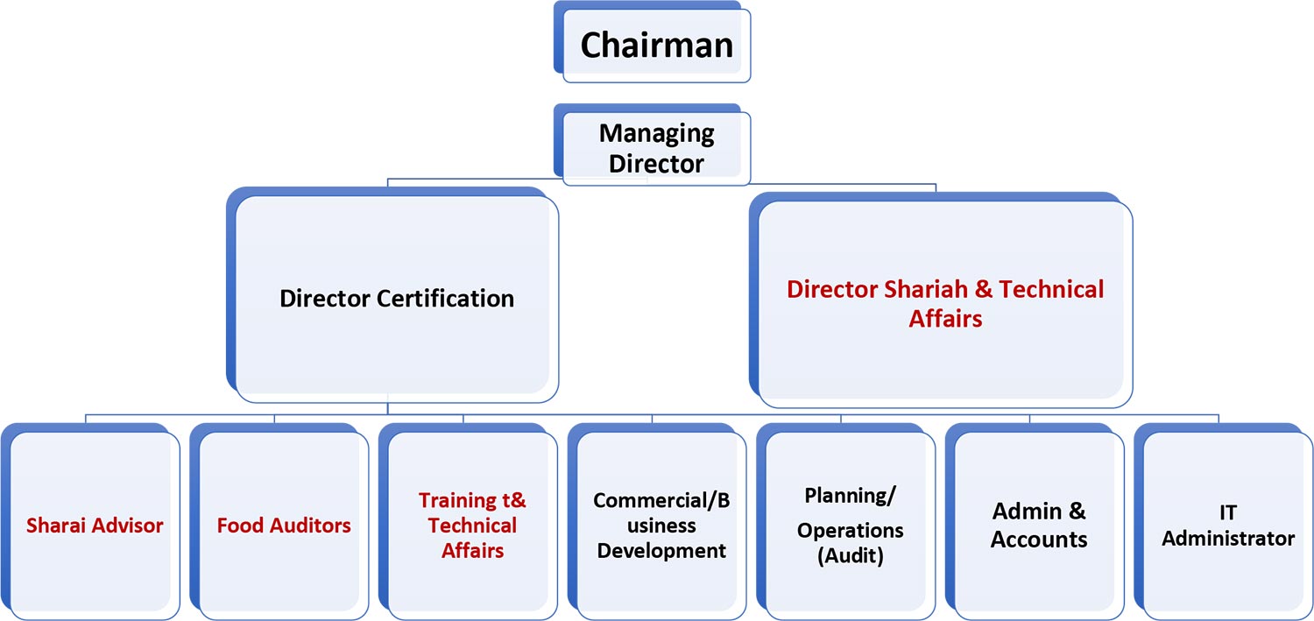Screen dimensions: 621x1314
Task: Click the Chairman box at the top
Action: pos(656,45)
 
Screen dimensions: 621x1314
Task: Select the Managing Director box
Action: pos(656,148)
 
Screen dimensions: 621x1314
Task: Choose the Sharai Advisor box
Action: pos(95,526)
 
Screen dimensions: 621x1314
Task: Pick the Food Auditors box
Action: pos(284,526)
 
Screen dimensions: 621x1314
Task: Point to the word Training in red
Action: pos(457,501)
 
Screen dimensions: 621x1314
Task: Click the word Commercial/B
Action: pos(661,500)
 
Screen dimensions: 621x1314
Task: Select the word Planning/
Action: pos(851,496)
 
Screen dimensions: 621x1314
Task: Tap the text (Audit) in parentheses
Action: pos(851,556)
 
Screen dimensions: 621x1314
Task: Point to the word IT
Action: pos(1226,512)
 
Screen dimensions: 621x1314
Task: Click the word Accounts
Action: pos(1039,539)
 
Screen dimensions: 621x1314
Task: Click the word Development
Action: pos(661,551)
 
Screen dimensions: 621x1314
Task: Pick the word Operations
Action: pos(851,530)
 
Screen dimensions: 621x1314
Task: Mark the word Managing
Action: pos(656,134)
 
